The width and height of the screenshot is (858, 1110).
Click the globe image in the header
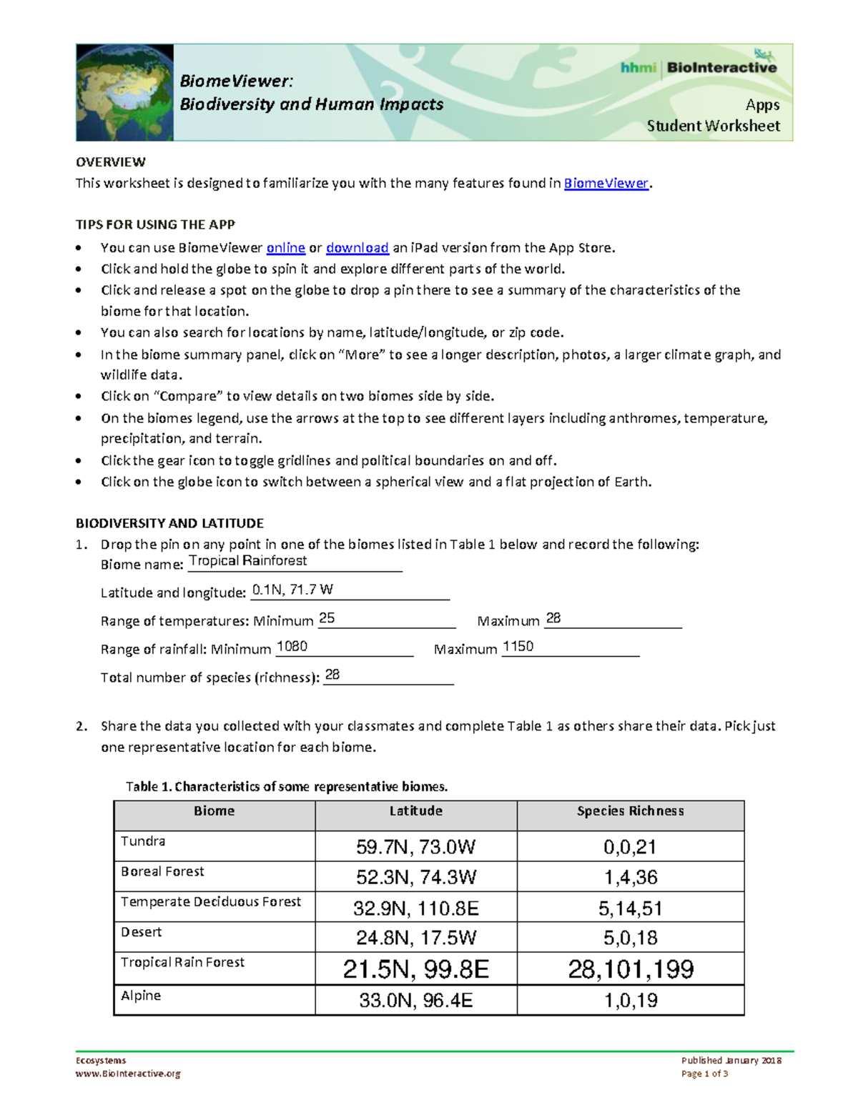(124, 92)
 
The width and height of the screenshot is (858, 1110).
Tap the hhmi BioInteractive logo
(699, 67)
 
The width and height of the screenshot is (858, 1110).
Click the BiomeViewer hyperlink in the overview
(606, 184)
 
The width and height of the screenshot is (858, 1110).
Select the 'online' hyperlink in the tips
(285, 248)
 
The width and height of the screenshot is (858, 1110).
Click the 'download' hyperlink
(357, 248)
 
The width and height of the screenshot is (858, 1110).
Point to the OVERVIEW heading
(111, 162)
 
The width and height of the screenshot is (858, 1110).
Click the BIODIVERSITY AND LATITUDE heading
(169, 523)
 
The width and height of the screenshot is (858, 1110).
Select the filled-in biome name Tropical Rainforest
(247, 561)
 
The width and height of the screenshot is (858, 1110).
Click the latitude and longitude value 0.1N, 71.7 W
(292, 590)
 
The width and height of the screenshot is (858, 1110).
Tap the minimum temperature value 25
(327, 618)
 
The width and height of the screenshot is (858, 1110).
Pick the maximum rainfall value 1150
(518, 647)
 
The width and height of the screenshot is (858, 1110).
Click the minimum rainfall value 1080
(292, 647)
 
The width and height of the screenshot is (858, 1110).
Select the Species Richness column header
(630, 811)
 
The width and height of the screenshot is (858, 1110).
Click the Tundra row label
(143, 841)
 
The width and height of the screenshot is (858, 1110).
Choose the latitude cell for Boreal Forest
(415, 877)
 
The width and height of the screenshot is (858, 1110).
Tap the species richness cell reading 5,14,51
(630, 908)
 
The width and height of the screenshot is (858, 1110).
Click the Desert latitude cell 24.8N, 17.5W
(415, 938)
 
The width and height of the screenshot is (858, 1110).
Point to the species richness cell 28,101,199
(630, 969)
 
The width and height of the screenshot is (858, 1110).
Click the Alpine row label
(141, 996)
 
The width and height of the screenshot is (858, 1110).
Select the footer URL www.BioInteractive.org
(128, 1074)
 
